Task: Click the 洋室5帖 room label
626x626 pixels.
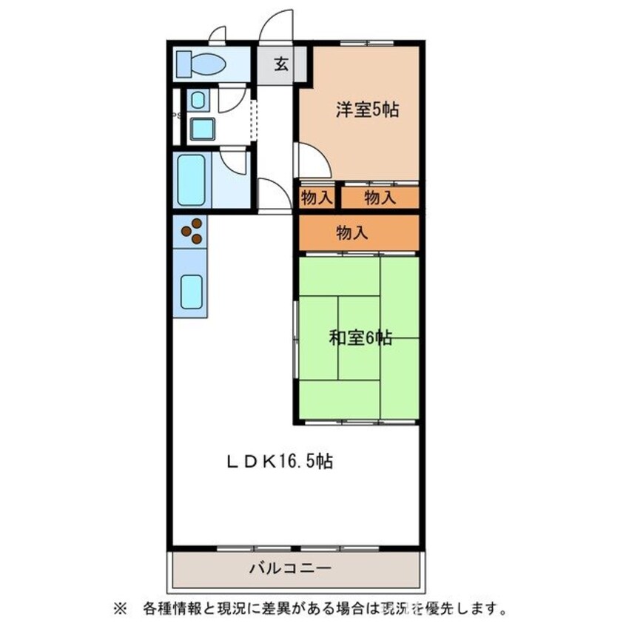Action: click(367, 110)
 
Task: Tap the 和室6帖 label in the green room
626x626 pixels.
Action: click(360, 339)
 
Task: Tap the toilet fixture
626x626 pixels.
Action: click(201, 64)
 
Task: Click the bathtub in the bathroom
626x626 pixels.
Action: click(191, 180)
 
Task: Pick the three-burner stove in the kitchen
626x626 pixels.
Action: click(192, 231)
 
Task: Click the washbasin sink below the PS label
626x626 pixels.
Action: click(202, 129)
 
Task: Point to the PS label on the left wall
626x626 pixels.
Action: click(175, 115)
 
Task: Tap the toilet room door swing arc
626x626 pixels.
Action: click(218, 35)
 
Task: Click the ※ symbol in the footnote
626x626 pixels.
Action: click(119, 610)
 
